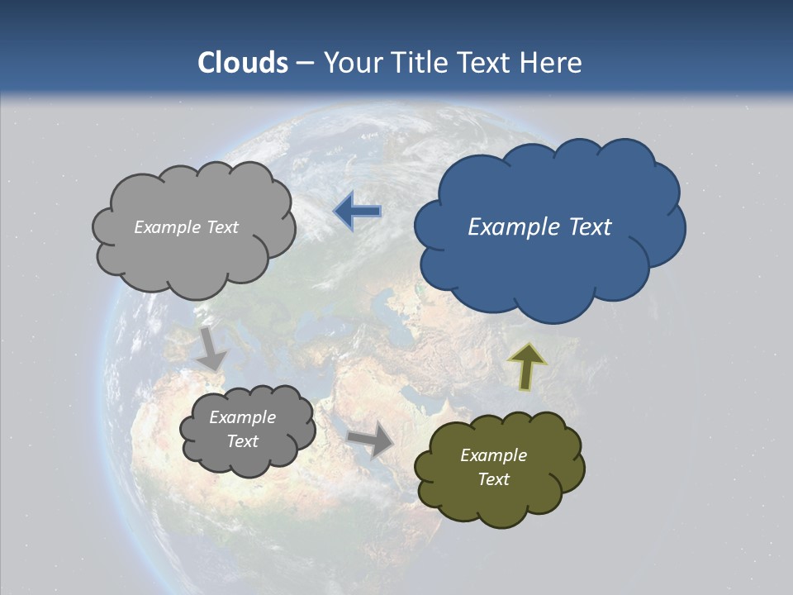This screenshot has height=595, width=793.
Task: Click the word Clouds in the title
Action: (243, 63)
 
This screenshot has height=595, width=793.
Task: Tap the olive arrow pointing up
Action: (526, 367)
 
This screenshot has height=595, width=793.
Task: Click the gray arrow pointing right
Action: (371, 439)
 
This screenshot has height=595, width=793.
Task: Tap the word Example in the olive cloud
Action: (493, 455)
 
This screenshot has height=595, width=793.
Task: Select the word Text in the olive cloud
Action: (493, 479)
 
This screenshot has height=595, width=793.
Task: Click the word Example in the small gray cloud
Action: (242, 417)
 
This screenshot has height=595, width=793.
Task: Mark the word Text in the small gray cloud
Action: (242, 441)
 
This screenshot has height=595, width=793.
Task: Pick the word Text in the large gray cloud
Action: (221, 227)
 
